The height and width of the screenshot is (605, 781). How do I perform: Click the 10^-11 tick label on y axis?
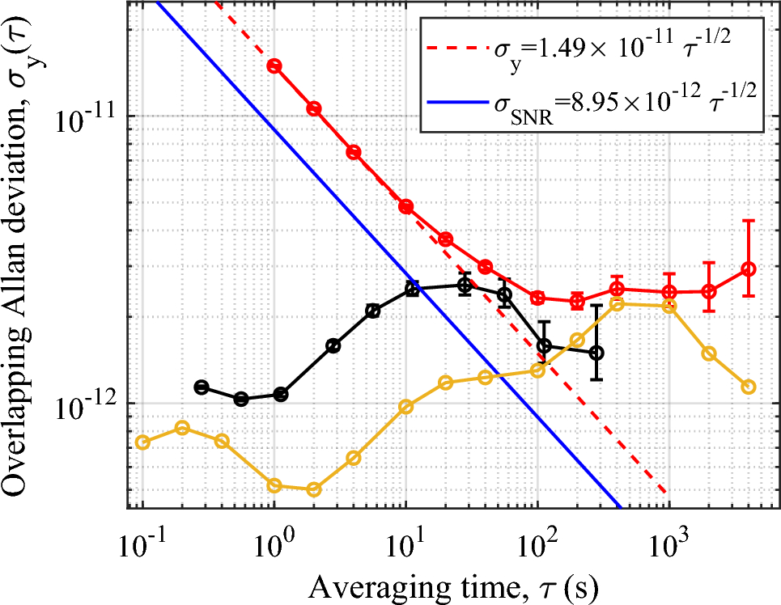coord(86,121)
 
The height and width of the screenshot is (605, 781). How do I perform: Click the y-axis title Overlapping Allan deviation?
coord(23,267)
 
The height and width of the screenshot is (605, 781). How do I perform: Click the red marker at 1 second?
coord(274,66)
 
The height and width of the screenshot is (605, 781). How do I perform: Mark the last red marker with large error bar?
coord(749,269)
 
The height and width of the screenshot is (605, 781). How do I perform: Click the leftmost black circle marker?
coord(202,387)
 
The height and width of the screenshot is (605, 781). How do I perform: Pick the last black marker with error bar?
coord(596,353)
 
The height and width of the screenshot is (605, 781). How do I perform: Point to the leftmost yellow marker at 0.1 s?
coord(143,442)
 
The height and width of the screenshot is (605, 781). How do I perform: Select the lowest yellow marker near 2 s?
coord(314,489)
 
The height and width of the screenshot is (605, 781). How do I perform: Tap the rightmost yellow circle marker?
coord(749,387)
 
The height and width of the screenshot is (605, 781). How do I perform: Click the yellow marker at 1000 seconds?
coord(669,306)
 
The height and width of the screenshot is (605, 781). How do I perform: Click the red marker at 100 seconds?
coord(537,298)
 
